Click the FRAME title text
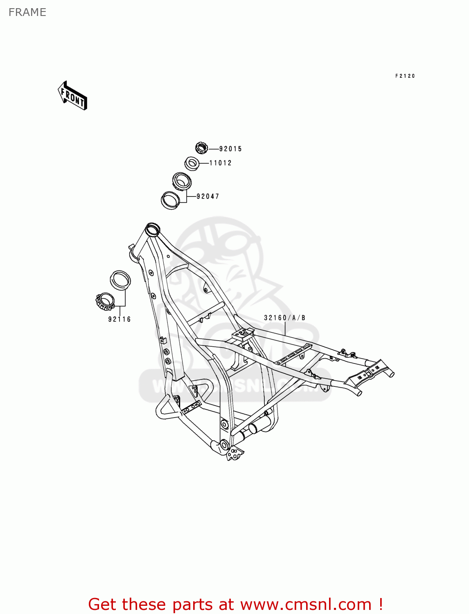[27, 12]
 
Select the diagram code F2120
[405, 76]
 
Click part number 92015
[230, 149]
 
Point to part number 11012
[221, 163]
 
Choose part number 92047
[208, 196]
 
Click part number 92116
[120, 319]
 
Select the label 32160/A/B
[284, 318]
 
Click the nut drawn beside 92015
[201, 148]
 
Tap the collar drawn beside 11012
[192, 164]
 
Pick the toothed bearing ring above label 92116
[104, 302]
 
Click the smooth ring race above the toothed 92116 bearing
[120, 280]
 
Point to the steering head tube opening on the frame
[153, 228]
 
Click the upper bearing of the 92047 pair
[181, 181]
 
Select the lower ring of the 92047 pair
[171, 200]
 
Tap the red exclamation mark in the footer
[381, 604]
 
